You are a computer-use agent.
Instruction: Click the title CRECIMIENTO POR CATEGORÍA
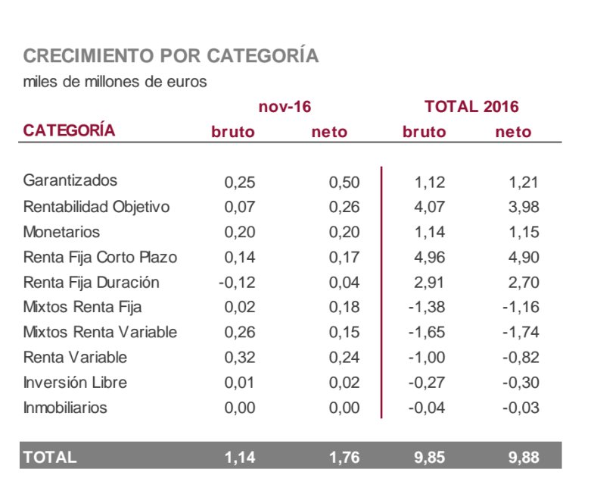171,56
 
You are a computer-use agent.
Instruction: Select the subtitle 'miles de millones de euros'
115,81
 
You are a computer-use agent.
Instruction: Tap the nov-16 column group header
285,107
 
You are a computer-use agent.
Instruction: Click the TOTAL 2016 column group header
471,107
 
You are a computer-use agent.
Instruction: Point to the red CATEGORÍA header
70,130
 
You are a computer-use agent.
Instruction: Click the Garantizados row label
70,181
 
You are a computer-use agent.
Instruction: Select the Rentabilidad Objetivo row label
97,206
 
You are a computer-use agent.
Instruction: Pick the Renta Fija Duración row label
92,282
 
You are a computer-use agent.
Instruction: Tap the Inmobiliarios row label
66,408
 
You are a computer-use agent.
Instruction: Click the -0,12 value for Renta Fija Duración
237,283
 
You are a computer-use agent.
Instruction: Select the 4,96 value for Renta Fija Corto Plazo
430,258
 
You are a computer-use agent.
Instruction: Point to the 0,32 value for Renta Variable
241,358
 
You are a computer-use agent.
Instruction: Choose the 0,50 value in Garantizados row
344,182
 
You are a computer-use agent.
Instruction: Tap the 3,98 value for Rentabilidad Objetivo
523,207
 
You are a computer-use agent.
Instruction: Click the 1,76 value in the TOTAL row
344,457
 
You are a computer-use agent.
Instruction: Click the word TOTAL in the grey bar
50,457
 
